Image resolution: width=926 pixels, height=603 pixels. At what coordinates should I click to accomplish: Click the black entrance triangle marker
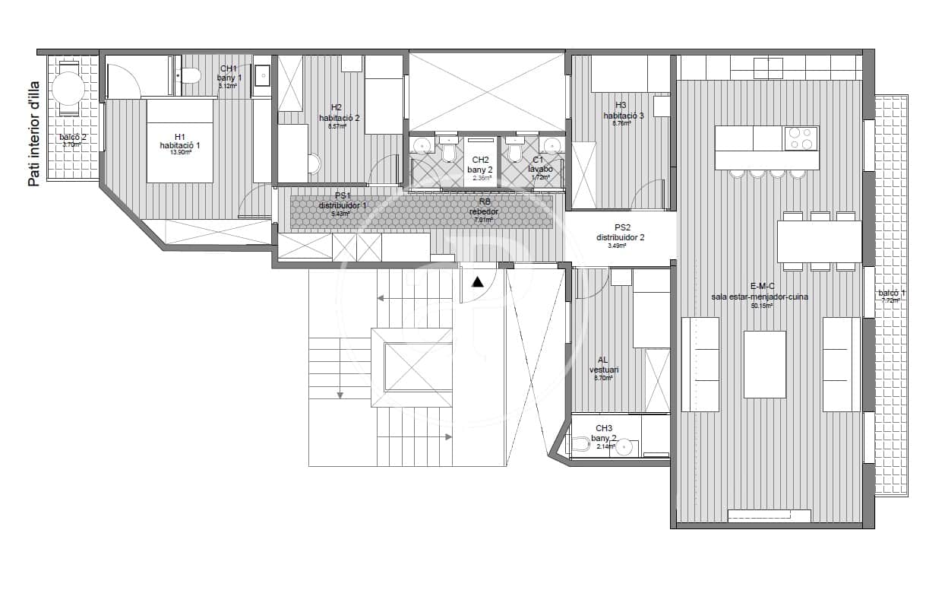(x=477, y=282)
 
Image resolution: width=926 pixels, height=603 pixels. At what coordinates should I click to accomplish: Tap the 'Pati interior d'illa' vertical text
(x=33, y=134)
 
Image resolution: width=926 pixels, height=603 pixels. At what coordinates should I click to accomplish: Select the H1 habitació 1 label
(x=179, y=143)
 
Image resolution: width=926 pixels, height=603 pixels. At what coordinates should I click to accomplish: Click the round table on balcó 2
(x=68, y=88)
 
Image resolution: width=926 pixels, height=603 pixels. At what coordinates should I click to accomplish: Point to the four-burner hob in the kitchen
(x=801, y=138)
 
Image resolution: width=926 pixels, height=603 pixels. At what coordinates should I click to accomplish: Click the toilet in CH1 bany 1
(x=190, y=75)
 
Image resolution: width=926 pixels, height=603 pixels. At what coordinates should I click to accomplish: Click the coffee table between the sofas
(x=764, y=363)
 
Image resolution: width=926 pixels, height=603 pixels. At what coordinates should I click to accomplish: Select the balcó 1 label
(x=892, y=295)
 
